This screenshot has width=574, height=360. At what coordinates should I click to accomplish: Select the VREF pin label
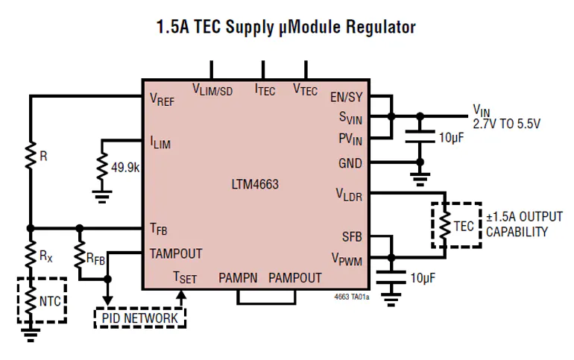coord(162,100)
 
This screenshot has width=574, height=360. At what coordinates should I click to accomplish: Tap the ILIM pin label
coord(160,142)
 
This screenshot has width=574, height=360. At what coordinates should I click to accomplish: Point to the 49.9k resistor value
coord(125,168)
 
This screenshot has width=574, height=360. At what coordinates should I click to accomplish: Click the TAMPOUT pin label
coord(175,253)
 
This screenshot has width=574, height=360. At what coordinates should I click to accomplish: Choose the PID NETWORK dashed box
coord(139,318)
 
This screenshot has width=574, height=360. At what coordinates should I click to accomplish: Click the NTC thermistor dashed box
coord(42,301)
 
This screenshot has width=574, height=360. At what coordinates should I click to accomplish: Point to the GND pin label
coord(350,162)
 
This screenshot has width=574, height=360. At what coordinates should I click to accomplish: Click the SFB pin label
coord(351,236)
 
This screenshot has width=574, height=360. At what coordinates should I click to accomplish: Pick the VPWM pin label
coord(347,259)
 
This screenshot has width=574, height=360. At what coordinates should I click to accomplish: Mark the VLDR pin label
coord(348,195)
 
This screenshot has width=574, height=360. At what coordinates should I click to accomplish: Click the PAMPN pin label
coord(238,278)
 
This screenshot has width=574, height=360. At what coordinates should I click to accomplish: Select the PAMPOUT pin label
coord(294,278)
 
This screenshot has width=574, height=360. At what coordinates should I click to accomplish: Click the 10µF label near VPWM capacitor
coord(423,278)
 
